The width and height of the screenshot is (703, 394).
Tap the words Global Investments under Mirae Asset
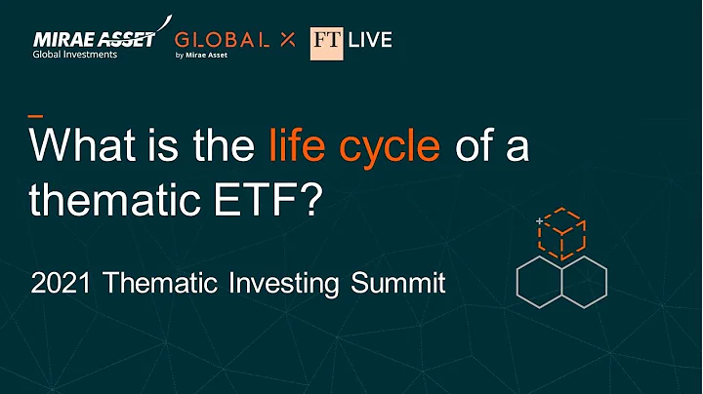pyautogui.click(x=75, y=55)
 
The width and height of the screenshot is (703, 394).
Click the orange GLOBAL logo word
pyautogui.click(x=222, y=39)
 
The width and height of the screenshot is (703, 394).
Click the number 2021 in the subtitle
pyautogui.click(x=62, y=284)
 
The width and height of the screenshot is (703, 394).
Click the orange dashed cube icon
pyautogui.click(x=565, y=232)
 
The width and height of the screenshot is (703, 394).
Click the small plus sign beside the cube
pyautogui.click(x=538, y=222)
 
